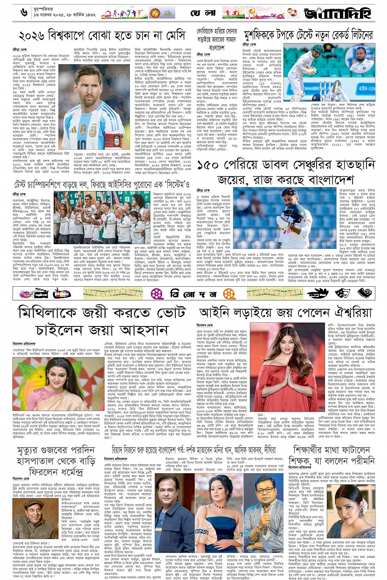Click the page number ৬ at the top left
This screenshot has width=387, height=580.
(x=23, y=12)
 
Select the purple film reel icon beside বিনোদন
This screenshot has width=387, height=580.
(x=156, y=293)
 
